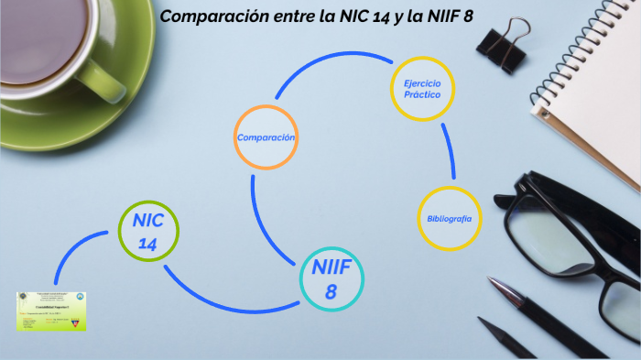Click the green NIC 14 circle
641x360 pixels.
pyautogui.click(x=148, y=230)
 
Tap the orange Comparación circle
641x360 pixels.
pyautogui.click(x=266, y=137)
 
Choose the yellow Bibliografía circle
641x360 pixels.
pyautogui.click(x=450, y=219)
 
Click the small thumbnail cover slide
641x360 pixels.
pyautogui.click(x=51, y=311)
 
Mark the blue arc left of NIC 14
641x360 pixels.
pyautogui.click(x=78, y=247)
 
